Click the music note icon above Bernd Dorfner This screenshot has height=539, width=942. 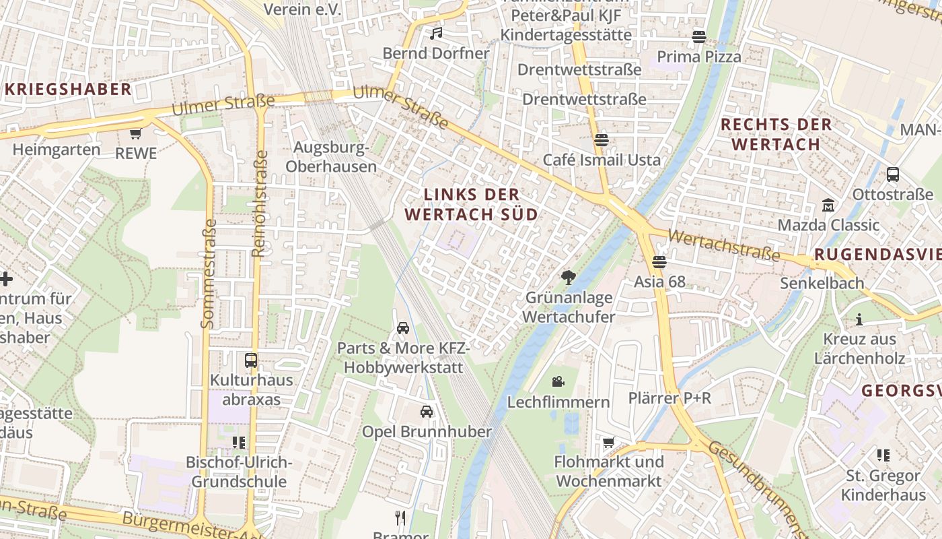click(x=437, y=33)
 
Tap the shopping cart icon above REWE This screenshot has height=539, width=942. click(x=136, y=133)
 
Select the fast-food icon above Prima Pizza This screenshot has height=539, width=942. click(x=699, y=36)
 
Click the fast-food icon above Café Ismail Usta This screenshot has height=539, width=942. click(x=601, y=140)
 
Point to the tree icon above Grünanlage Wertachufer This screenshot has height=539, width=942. click(x=569, y=277)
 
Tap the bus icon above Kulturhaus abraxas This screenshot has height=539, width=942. click(x=251, y=360)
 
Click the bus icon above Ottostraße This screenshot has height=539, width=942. click(x=893, y=175)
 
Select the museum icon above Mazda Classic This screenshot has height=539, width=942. click(x=828, y=205)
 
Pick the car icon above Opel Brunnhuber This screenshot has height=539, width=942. click(x=427, y=412)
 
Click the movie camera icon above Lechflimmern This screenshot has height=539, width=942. click(x=558, y=382)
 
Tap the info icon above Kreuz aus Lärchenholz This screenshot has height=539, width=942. click(x=859, y=319)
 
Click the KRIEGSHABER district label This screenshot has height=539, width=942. click(x=68, y=90)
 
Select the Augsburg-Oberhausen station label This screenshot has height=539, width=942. click(x=331, y=157)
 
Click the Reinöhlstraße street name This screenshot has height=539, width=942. click(x=259, y=203)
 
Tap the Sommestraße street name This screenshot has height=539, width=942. click(x=209, y=274)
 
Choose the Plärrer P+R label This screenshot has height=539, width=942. click(x=669, y=398)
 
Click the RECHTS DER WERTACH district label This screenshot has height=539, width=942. click(x=776, y=134)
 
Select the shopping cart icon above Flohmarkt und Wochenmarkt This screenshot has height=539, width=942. click(x=608, y=442)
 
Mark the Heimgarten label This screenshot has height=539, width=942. click(x=57, y=150)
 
